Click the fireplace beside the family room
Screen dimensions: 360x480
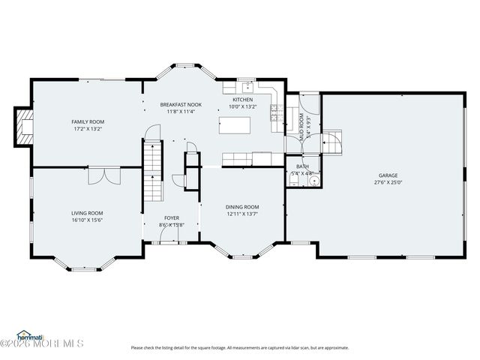click(24, 125)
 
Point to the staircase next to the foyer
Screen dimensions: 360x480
click(153, 171)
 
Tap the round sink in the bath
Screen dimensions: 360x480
click(314, 180)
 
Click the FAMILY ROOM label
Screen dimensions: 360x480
click(88, 121)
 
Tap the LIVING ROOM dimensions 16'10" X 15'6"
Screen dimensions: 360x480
click(87, 220)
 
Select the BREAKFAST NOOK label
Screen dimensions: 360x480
click(180, 104)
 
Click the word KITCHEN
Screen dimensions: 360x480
click(243, 100)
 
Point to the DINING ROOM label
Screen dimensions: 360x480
click(242, 207)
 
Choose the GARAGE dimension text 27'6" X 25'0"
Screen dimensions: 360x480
click(388, 182)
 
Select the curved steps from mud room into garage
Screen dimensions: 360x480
click(332, 140)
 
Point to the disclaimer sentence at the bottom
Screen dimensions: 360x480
click(240, 347)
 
